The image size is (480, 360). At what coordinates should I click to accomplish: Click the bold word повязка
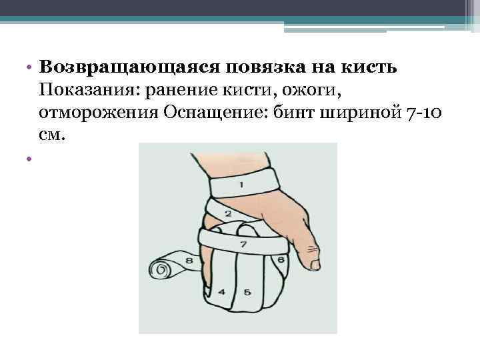[x=265, y=67]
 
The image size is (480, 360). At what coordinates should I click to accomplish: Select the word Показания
[x=87, y=90]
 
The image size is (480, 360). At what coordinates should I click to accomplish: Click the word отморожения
[x=99, y=113]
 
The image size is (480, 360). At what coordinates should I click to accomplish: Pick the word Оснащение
[x=214, y=113]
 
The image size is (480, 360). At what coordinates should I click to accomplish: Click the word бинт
[x=293, y=113]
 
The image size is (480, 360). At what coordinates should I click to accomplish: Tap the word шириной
[x=361, y=113]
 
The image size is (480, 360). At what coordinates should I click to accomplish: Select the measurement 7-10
[x=424, y=113]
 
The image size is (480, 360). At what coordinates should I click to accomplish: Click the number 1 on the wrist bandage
[x=241, y=185]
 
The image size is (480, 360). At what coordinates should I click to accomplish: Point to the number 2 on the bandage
[x=229, y=213]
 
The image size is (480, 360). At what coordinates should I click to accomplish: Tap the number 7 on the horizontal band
[x=243, y=244]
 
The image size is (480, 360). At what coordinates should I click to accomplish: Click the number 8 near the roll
[x=189, y=260]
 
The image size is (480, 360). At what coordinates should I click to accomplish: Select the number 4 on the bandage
[x=221, y=292]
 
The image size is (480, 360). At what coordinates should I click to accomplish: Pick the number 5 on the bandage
[x=247, y=292]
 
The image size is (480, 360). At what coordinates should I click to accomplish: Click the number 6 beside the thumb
[x=281, y=260]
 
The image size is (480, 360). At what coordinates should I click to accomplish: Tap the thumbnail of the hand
[x=315, y=264]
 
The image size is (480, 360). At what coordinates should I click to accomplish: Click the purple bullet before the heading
[x=29, y=67]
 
